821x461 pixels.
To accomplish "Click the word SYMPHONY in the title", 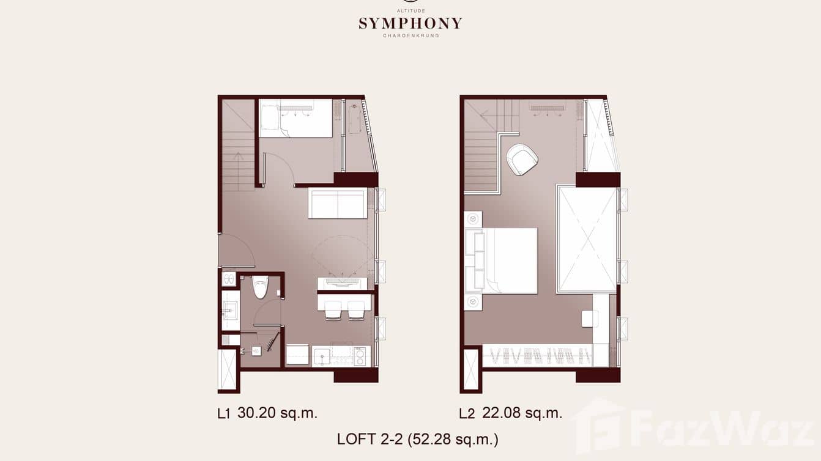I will click(410, 24).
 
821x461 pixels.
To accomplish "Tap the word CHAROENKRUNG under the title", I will click(410, 35).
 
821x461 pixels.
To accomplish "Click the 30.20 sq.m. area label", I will click(277, 413).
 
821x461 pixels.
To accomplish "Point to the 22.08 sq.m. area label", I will click(522, 413).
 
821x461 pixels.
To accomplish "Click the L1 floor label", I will click(224, 414).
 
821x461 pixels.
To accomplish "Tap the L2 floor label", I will click(467, 414).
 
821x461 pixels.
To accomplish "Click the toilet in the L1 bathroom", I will click(260, 286).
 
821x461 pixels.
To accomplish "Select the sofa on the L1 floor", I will click(338, 203).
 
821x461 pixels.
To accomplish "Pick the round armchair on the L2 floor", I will click(522, 159).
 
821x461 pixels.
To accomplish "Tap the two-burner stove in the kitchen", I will click(360, 355).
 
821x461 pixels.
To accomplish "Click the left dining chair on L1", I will click(333, 309).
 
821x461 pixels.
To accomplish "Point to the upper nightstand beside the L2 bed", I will click(473, 219).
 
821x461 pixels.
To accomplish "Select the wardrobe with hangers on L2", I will click(537, 355).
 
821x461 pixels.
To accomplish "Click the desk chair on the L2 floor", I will click(589, 319).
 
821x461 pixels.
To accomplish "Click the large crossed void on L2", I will click(587, 239).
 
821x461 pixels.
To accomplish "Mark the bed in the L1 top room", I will click(295, 117).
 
